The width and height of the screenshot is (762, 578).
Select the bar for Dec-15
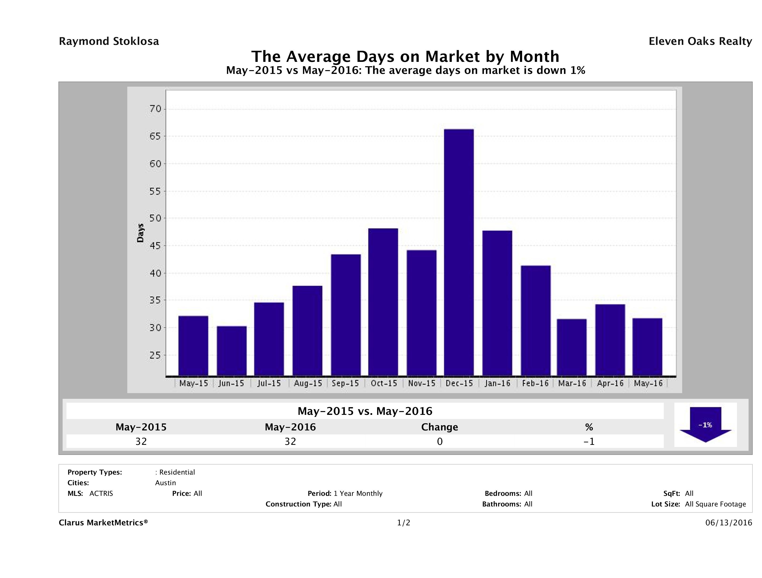(x=459, y=252)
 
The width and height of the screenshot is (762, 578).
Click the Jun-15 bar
(x=231, y=351)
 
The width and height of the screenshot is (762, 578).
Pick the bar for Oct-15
(x=383, y=302)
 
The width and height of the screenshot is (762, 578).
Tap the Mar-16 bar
(x=571, y=347)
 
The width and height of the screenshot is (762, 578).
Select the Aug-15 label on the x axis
(x=308, y=383)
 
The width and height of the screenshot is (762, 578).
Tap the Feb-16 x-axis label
(x=535, y=383)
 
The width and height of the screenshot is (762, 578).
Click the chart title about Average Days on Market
(x=405, y=56)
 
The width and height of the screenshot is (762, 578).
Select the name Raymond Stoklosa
(x=109, y=41)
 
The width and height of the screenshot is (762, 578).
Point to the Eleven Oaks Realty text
(x=700, y=41)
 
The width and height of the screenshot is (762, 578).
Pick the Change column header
(x=440, y=427)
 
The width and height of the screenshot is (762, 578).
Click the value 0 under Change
(x=440, y=441)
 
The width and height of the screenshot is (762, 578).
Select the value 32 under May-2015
(x=141, y=441)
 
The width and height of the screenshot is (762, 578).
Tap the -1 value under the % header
(x=589, y=441)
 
